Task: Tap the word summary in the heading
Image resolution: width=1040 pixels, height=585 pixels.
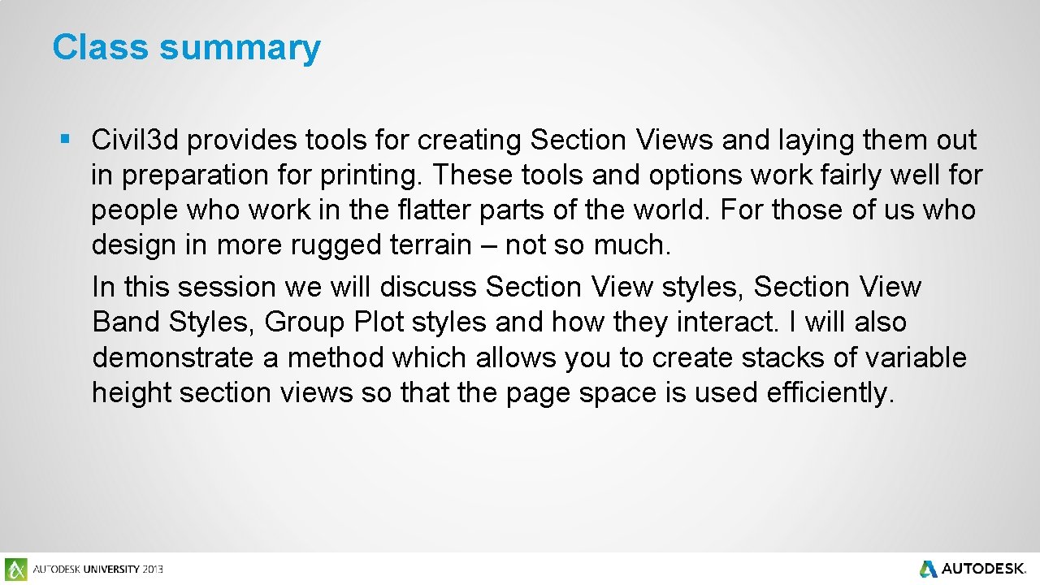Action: tap(240, 49)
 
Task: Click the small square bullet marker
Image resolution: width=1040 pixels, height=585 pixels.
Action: tap(64, 140)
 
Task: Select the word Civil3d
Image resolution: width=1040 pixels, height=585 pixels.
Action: tap(135, 140)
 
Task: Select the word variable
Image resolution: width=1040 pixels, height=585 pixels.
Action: tap(916, 357)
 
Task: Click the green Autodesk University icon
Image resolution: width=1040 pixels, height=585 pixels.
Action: tap(15, 569)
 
